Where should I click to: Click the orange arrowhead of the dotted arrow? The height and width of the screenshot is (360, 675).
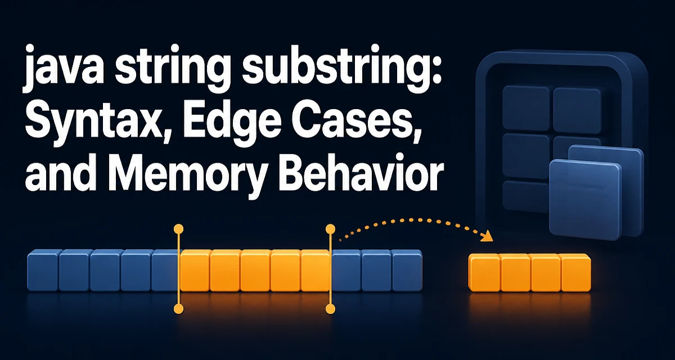coord(487,237)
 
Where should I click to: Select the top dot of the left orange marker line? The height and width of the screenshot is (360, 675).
coord(179,228)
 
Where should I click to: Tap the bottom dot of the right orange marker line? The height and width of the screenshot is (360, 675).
coord(331,309)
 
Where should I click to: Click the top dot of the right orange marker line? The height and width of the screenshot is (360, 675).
coord(331,228)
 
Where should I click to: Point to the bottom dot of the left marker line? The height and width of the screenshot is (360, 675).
coord(179,309)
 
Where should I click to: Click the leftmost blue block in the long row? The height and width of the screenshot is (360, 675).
coord(43,270)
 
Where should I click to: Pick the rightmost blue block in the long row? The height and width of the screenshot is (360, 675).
coord(407,270)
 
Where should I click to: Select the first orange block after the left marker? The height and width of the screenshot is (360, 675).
coord(195,270)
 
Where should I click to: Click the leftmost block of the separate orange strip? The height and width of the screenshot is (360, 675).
coord(484,273)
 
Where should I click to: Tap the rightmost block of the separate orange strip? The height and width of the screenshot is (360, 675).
coord(576,273)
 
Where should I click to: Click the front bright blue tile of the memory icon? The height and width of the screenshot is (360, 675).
coord(585,200)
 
